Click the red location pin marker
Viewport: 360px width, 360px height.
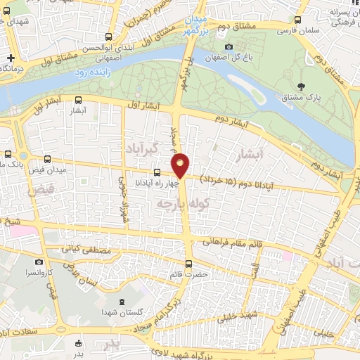[x=181, y=165]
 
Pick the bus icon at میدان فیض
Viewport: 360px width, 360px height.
[x=48, y=160]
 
